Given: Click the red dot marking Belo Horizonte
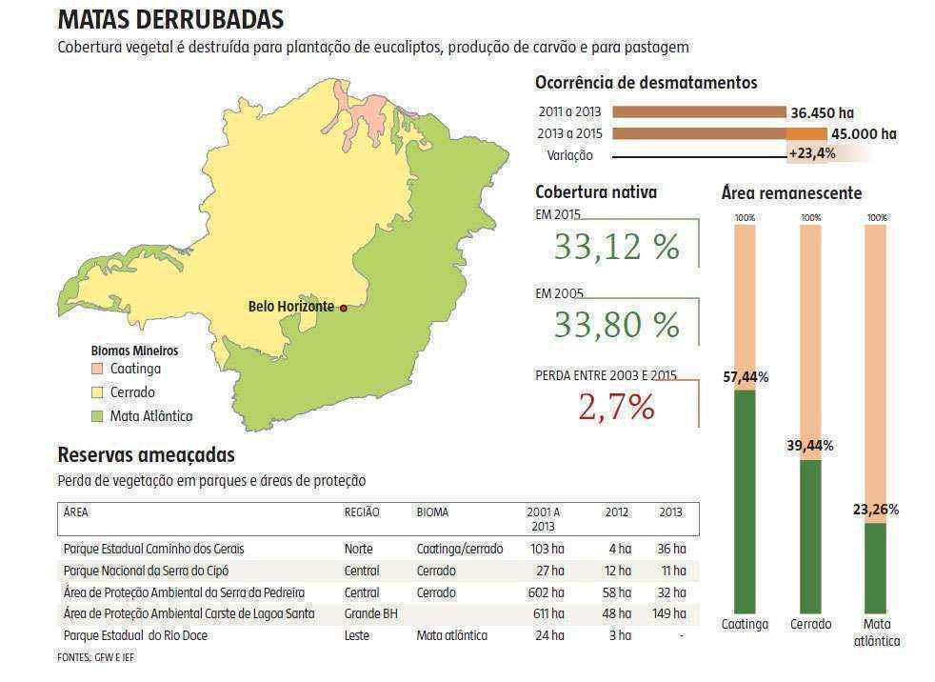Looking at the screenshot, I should [x=343, y=308].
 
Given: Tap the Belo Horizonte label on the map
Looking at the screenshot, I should [x=290, y=307].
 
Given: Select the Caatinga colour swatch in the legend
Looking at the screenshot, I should [x=97, y=369].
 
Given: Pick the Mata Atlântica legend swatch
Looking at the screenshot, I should [x=97, y=416].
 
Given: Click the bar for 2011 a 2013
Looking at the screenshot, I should [x=698, y=112].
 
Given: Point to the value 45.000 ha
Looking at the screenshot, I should [x=864, y=134].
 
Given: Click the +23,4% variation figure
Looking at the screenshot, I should [x=812, y=153].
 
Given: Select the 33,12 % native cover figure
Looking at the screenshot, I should [x=616, y=248].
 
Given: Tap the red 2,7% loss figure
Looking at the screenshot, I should [x=616, y=408].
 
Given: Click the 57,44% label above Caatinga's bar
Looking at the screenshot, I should [x=746, y=377].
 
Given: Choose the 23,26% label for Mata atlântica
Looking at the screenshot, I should [x=876, y=510].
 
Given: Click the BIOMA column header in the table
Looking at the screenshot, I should [x=432, y=512].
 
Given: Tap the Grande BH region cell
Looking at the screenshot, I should [x=370, y=613].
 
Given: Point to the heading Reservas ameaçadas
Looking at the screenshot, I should [x=146, y=455].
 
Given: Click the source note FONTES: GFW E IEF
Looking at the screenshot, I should [x=95, y=657].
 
